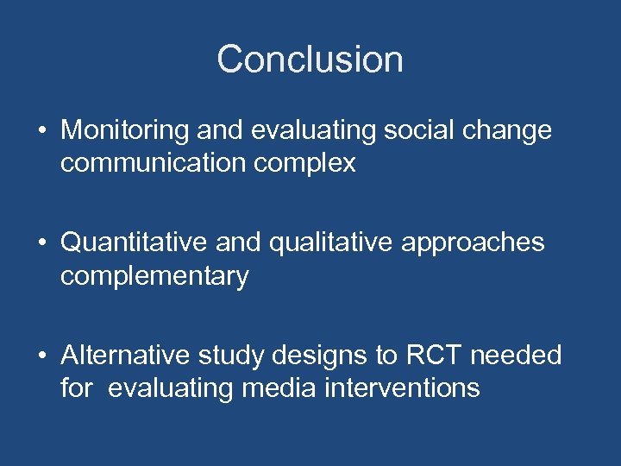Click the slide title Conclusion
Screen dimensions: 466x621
[x=310, y=60]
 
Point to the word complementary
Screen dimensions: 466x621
[x=154, y=276]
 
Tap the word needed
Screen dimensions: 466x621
[x=528, y=356]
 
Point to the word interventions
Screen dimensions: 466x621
[x=402, y=388]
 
